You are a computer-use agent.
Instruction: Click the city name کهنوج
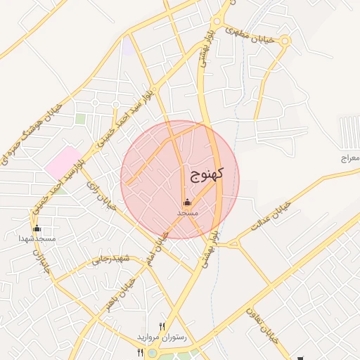(206, 174)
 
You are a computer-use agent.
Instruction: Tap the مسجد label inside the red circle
(187, 212)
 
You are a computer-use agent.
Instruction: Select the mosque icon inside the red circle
(187, 203)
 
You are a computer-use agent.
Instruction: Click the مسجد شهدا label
(37, 239)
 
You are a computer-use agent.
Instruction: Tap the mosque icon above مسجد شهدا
(37, 229)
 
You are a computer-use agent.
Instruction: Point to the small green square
(81, 119)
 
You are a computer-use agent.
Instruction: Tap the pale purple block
(127, 47)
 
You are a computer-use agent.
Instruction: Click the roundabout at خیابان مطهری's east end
(285, 41)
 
